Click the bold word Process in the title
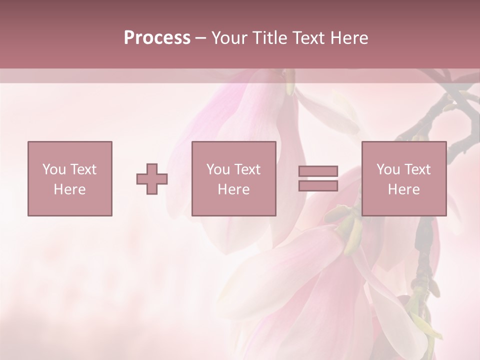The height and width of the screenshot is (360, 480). [157, 38]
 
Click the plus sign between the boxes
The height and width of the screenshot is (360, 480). [152, 179]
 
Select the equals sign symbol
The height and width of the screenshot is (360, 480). [318, 178]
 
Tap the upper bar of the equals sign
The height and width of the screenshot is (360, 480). [318, 171]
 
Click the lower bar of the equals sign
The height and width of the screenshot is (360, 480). [318, 185]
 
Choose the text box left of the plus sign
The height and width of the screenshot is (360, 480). [70, 178]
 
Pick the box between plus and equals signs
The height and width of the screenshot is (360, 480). [234, 178]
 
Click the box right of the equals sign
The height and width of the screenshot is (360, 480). [404, 178]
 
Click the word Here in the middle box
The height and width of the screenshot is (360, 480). [234, 189]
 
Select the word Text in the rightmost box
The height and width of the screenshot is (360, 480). [417, 169]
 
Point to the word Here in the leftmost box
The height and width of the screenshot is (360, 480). [70, 189]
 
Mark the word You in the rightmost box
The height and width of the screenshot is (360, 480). [388, 169]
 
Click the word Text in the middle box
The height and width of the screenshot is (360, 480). [247, 169]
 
